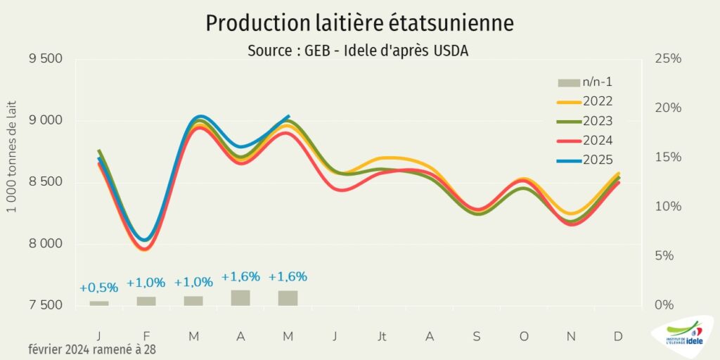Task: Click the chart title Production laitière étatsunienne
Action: click(359, 23)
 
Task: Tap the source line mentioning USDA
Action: click(358, 51)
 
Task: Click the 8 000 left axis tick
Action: click(46, 245)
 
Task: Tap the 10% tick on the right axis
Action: click(668, 207)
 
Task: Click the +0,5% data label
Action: click(98, 288)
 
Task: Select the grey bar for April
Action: click(240, 298)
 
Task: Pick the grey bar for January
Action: click(99, 303)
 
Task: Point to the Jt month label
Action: click(382, 337)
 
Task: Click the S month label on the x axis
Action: click(477, 337)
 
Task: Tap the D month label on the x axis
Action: click(618, 337)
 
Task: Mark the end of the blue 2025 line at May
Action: click(288, 116)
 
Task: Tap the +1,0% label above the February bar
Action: click(146, 283)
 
